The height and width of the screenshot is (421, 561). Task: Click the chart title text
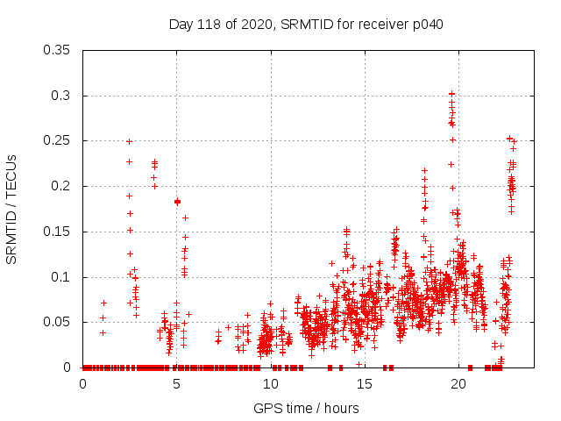coord(306,25)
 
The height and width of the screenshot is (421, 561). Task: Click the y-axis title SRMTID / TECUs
coord(12,209)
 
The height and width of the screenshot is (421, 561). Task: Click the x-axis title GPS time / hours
coord(306,408)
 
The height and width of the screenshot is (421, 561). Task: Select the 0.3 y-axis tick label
coord(63,96)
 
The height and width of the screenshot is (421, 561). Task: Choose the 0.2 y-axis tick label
coord(63,186)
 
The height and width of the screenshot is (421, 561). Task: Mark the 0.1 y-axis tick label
coord(63,277)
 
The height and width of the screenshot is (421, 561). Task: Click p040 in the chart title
coord(428,25)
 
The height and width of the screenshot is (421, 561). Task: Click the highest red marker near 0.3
coord(452,93)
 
